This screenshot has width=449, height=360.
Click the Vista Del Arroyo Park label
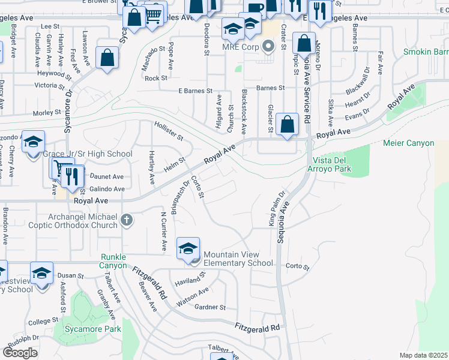(332, 165)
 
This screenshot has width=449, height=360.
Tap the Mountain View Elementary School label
(238, 259)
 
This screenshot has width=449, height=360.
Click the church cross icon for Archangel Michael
(126, 221)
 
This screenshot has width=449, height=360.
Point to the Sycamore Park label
(94, 329)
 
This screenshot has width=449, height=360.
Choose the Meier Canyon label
(408, 143)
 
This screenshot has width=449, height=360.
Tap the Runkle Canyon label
(113, 261)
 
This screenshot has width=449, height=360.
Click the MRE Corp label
(240, 47)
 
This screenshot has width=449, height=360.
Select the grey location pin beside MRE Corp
(268, 46)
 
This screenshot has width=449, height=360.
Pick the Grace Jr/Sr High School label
(87, 154)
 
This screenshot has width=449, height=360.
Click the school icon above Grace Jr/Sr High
(34, 142)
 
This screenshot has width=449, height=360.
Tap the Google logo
(20, 352)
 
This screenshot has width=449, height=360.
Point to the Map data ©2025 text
(423, 355)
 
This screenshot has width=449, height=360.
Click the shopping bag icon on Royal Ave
(288, 124)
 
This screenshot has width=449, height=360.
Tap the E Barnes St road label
(196, 91)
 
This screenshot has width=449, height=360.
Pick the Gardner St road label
(210, 307)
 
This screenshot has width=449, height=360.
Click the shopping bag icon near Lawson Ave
(107, 58)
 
